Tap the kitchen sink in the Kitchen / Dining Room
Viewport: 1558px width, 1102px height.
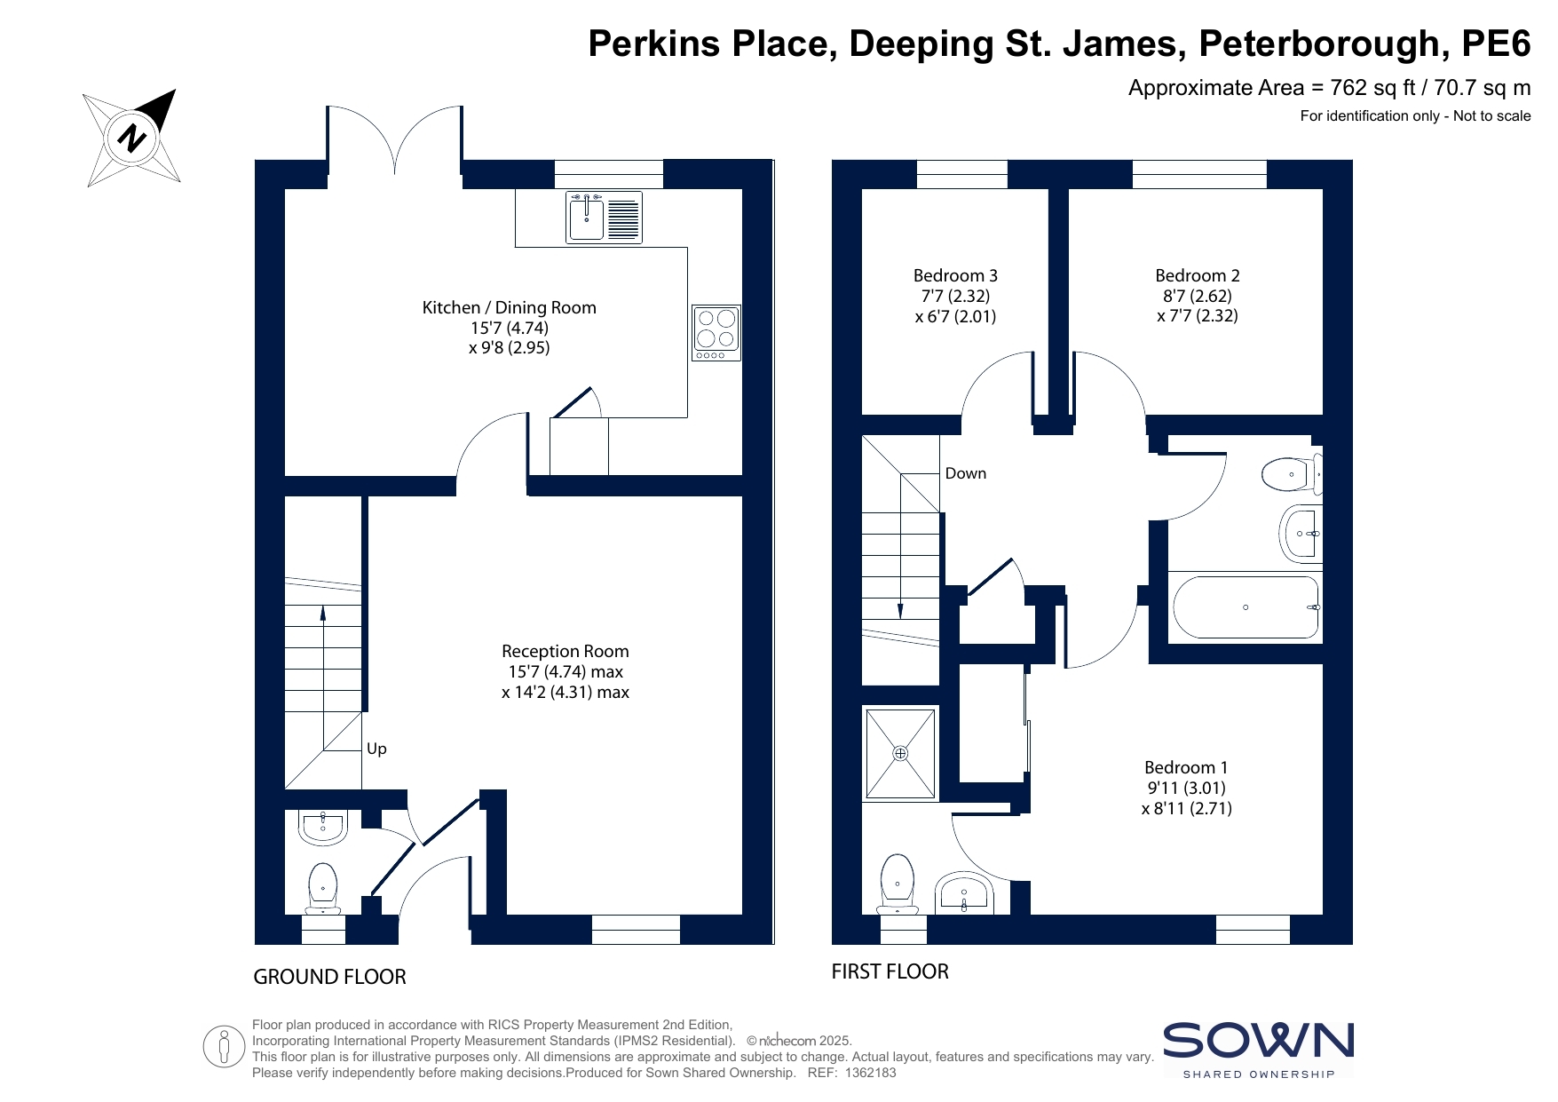click(604, 218)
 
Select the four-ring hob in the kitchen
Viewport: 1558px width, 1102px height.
click(716, 333)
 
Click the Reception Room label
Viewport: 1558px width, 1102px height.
click(565, 652)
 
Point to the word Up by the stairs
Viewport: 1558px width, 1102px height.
click(376, 749)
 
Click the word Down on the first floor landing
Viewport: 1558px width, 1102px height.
click(966, 473)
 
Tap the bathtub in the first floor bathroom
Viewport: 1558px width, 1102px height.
click(1246, 607)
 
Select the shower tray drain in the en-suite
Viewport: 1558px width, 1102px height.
click(901, 754)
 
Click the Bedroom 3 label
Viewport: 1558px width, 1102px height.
click(955, 276)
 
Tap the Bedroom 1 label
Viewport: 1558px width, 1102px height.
click(1186, 768)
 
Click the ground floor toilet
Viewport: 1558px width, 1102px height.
click(323, 888)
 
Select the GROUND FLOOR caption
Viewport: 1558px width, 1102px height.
click(330, 977)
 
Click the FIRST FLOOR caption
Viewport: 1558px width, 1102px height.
click(890, 971)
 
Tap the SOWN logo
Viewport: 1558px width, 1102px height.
click(1259, 1050)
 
